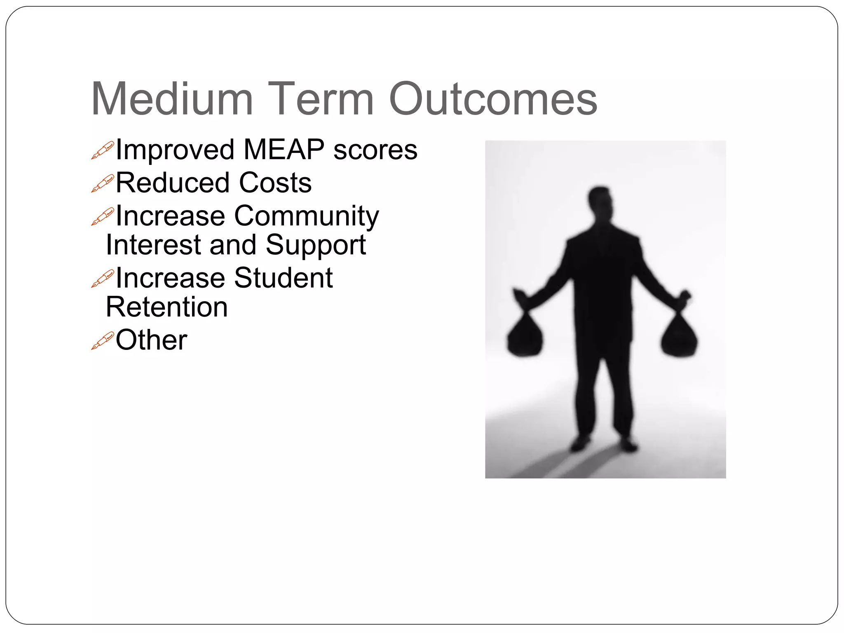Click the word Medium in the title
pos(172,99)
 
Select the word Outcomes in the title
pos(493,99)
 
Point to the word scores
pos(375,150)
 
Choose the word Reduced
pos(172,183)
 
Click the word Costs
pos(275,183)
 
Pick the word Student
pos(283,278)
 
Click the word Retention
pos(166,307)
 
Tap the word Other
pos(151,340)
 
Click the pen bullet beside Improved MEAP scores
pos(102,150)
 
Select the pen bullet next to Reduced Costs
pos(102,183)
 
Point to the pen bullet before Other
pos(102,341)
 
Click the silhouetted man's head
pos(600,202)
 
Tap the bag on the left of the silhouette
pos(525,336)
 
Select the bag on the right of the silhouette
pos(679,336)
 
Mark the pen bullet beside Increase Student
pos(102,279)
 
